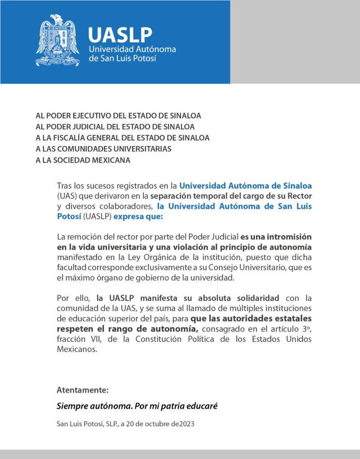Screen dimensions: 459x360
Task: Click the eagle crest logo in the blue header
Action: (x=57, y=40)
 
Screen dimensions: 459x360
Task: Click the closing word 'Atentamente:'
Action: (x=82, y=390)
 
